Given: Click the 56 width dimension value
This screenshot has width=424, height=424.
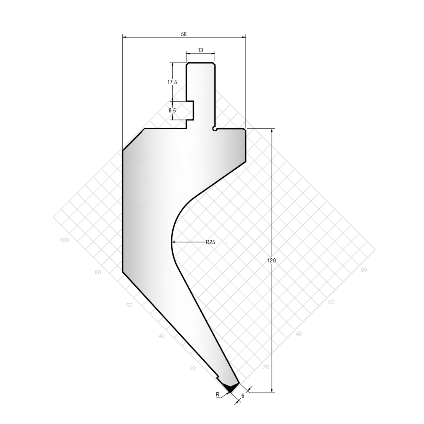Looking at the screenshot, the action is coord(184,34).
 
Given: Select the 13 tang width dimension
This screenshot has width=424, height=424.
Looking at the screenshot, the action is coord(200,50).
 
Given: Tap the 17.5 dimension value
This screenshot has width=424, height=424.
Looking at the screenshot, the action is coord(172,82).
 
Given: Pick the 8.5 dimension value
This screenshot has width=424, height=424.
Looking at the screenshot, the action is coord(172,110).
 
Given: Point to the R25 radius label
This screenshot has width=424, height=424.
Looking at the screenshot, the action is coord(210,242).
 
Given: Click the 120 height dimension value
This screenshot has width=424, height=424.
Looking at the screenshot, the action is coord(272,260).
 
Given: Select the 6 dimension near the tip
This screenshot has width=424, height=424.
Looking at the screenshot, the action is coord(243,396).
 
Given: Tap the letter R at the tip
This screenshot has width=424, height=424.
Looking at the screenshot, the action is coord(218,394).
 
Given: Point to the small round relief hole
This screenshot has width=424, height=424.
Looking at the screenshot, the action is coord(215,129).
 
